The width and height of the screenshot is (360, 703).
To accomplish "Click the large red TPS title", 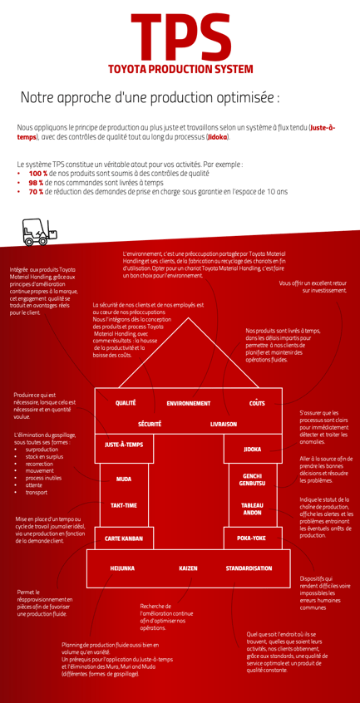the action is tap(180, 37).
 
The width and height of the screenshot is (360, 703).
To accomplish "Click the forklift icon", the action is tap(41, 232).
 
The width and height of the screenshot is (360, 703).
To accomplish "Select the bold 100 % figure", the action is tap(36, 174).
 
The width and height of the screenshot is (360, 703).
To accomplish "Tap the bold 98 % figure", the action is tap(36, 183).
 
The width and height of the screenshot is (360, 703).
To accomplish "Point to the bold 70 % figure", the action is tap(36, 192).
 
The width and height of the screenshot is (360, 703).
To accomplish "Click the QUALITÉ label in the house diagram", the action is tap(126, 403).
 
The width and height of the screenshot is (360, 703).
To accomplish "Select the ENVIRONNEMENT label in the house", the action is tap(188, 404).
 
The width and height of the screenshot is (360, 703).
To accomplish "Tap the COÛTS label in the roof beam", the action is tap(257, 403).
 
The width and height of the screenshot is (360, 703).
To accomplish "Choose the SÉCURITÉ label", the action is tap(150, 424).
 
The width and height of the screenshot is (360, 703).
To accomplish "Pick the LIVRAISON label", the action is tap(224, 424).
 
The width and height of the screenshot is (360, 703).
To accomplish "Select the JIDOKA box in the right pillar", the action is tap(253, 449).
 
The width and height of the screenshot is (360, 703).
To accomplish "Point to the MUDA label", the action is tap(124, 479).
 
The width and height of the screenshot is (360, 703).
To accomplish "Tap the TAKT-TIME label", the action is tap(124, 505).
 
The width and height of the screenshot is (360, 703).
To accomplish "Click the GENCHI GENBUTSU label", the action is tap(253, 479).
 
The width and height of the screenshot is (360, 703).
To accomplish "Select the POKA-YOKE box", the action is tap(253, 538).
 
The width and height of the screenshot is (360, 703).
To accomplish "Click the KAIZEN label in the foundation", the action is tap(188, 568).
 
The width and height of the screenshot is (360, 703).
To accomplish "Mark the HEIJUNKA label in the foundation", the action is tap(122, 568).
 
